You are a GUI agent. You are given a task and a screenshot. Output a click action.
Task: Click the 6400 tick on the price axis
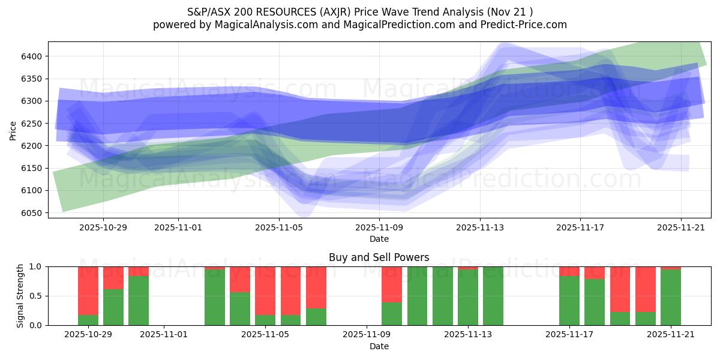pyautogui.click(x=34, y=56)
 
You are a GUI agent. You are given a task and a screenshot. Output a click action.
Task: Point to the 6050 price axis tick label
pyautogui.click(x=34, y=213)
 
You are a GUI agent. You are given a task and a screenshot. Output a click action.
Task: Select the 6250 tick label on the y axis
pyautogui.click(x=34, y=124)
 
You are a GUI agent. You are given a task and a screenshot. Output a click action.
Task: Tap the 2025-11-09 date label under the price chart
pyautogui.click(x=379, y=228)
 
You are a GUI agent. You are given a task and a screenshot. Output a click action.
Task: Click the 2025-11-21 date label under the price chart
pyautogui.click(x=680, y=228)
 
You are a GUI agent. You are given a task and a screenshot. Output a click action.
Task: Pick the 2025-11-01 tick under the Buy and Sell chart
pyautogui.click(x=164, y=335)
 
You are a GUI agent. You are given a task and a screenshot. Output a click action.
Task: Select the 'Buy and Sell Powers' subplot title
pyautogui.click(x=379, y=257)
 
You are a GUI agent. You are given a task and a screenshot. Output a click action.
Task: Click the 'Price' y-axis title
pyautogui.click(x=13, y=130)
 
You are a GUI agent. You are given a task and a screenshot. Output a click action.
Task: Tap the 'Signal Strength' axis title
pyautogui.click(x=20, y=296)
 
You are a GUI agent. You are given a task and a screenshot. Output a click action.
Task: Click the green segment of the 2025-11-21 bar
pyautogui.click(x=670, y=297)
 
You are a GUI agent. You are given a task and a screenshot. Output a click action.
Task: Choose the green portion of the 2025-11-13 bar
pyautogui.click(x=468, y=297)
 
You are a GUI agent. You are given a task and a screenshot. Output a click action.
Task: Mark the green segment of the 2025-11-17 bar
pyautogui.click(x=569, y=300)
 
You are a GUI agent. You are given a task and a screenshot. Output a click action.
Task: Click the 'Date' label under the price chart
pyautogui.click(x=379, y=239)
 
